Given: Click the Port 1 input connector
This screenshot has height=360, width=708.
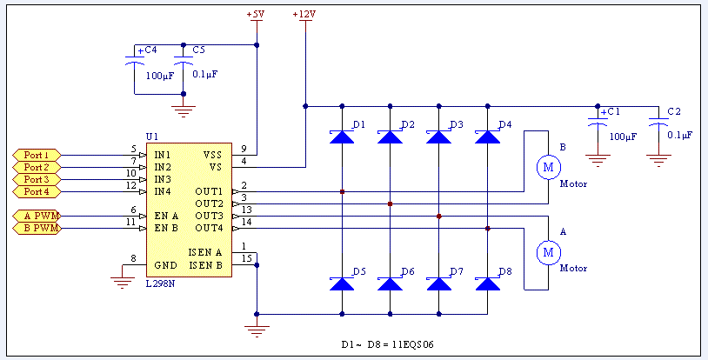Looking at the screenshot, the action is pos(37,155).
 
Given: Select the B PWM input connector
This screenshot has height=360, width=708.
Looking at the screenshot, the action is pos(37,229).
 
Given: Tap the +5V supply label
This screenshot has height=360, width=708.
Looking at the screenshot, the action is pos(255,14).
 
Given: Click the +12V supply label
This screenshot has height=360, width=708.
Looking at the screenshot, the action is pos(304,14).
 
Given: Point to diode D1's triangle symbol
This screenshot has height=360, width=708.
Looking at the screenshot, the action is pos(342,137).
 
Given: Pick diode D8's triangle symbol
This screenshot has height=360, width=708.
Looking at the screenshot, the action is pos(488,283).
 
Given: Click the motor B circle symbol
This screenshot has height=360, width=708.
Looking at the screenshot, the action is pos(548,167).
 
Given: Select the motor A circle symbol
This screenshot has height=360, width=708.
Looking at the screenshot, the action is pos(548,252).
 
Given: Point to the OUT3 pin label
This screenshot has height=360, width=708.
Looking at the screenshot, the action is pos(209,216).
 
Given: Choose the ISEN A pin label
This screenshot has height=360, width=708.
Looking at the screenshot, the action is pos(205,252).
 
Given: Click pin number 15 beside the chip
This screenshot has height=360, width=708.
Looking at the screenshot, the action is pos(246,259).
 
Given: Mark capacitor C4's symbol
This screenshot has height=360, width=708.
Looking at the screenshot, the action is pos(134,64).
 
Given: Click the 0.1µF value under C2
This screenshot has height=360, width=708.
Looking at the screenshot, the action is pos(678,135).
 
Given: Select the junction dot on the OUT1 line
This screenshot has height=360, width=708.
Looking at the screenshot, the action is pos(343,192).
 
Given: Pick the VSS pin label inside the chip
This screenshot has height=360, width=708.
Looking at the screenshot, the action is pos(213,155).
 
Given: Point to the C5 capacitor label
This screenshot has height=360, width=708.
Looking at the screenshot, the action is pos(198,50).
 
